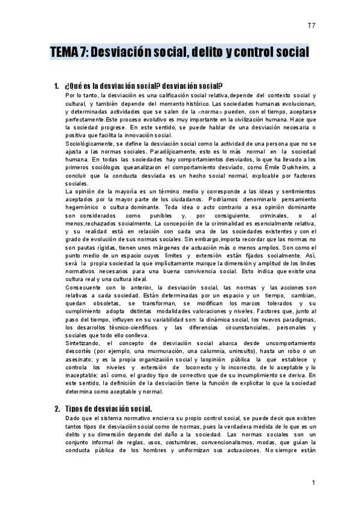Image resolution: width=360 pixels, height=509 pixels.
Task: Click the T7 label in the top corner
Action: [311, 25]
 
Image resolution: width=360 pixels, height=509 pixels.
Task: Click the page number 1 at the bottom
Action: [313, 483]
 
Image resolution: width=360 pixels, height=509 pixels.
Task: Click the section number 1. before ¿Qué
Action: [58, 85]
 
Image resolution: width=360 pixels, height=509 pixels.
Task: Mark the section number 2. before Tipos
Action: [58, 409]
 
